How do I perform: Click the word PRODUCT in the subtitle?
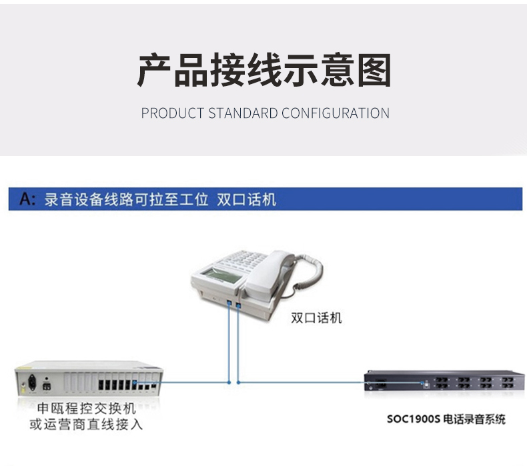(x=172, y=113)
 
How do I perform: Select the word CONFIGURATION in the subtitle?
(x=336, y=113)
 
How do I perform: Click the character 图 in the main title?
(x=374, y=70)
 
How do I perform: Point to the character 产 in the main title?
(x=155, y=70)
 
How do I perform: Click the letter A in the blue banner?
(x=26, y=199)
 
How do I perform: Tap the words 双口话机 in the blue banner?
(x=246, y=199)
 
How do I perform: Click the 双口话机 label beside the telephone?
(x=316, y=318)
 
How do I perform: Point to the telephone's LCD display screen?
(x=222, y=275)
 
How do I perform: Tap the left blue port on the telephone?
(x=229, y=303)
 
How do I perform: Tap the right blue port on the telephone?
(x=238, y=305)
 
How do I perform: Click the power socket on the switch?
(x=32, y=383)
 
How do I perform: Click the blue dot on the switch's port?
(x=134, y=383)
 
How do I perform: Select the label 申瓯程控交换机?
(x=86, y=409)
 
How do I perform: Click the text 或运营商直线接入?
(x=86, y=425)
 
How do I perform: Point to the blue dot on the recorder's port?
(x=422, y=383)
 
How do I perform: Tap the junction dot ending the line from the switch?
(x=229, y=383)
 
